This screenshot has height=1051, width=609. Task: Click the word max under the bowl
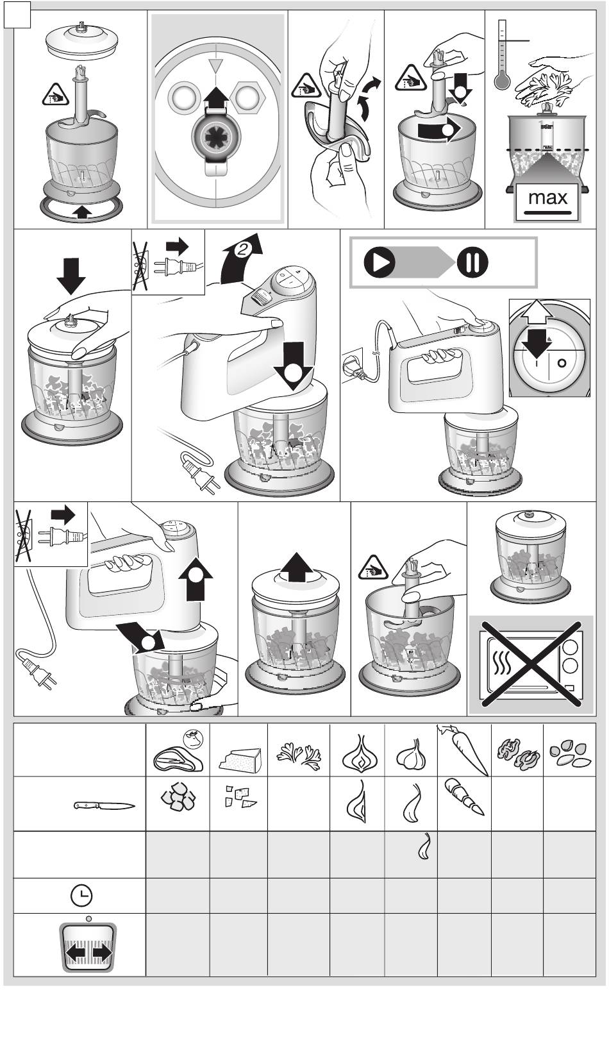click(x=547, y=198)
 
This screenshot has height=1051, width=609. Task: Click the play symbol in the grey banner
click(x=380, y=263)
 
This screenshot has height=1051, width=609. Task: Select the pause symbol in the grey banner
click(x=472, y=263)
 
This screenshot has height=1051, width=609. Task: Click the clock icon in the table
click(x=81, y=895)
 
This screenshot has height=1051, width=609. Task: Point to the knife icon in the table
click(x=103, y=806)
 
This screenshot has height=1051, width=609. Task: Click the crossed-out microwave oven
click(x=531, y=664)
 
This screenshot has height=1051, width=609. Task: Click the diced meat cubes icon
click(x=177, y=798)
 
